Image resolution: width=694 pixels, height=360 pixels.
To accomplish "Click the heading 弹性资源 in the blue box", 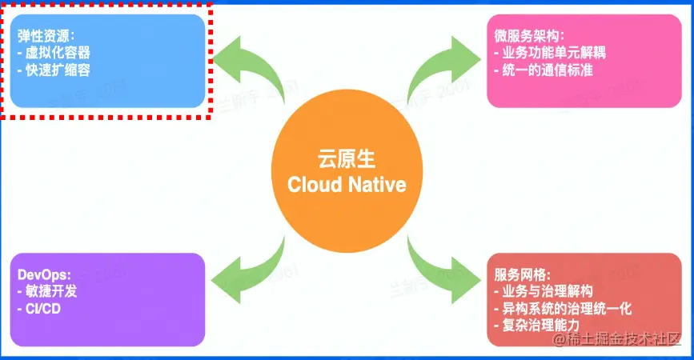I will (46, 36).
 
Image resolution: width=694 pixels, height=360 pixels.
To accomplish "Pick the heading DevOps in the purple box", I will (44, 274).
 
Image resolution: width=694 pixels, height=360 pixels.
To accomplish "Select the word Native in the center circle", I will (377, 184).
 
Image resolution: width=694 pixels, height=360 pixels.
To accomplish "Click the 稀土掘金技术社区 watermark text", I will (612, 342).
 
